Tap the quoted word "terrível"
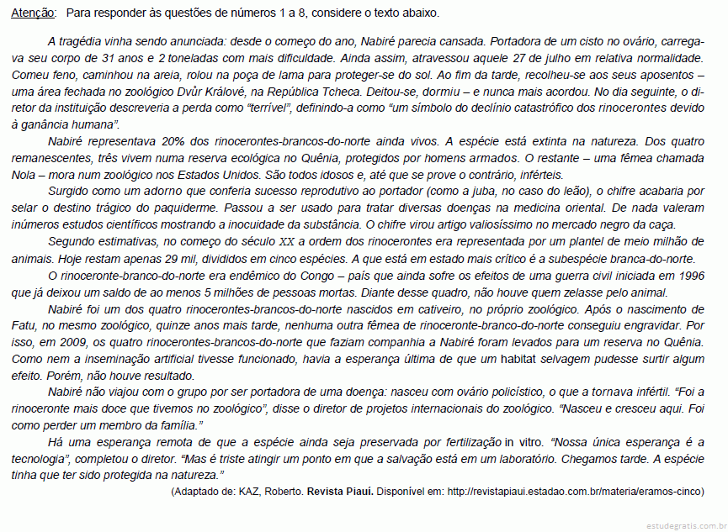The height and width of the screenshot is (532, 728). click(x=267, y=109)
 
